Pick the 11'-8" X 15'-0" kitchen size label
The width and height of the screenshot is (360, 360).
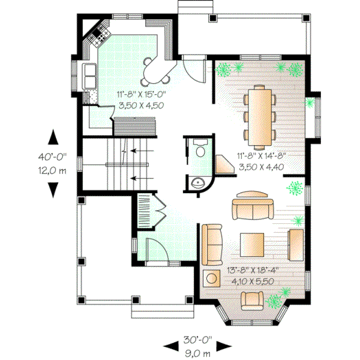141,94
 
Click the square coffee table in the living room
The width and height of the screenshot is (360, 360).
253,244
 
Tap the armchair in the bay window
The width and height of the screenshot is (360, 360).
253,299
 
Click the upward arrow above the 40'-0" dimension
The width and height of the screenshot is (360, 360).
53,136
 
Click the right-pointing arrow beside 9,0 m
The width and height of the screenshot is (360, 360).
224,346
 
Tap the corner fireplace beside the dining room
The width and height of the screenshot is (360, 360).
226,164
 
